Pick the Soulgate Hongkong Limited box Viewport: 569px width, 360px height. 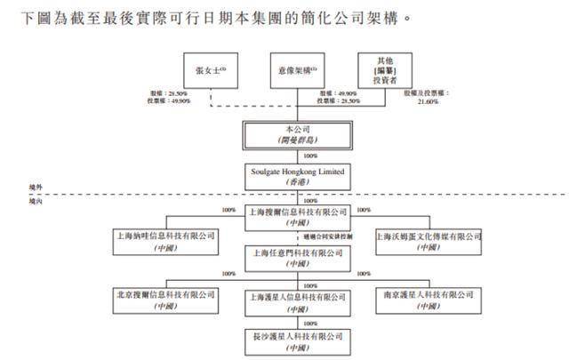coord(295,173)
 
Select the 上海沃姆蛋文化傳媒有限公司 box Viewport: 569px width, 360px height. coord(428,241)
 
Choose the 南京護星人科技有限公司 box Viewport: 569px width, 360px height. coord(428,299)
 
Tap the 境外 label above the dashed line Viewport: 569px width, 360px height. coord(36,188)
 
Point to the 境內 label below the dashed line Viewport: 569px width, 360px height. coord(36,202)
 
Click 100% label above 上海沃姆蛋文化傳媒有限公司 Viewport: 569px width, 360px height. coord(363,211)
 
